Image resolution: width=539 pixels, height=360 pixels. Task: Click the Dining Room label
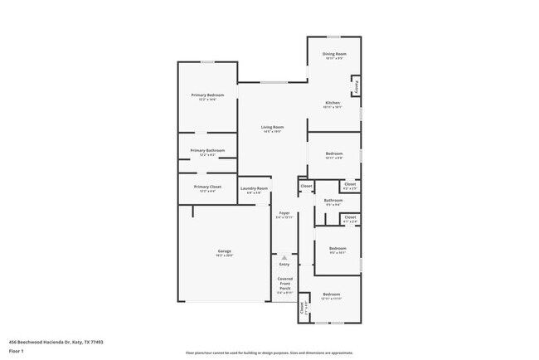pyautogui.click(x=334, y=54)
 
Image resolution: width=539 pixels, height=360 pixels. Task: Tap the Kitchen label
pyautogui.click(x=332, y=103)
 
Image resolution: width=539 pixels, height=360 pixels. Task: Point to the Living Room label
pyautogui.click(x=273, y=127)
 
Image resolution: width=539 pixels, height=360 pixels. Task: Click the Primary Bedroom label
pyautogui.click(x=207, y=95)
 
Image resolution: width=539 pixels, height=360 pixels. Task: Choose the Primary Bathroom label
pyautogui.click(x=207, y=150)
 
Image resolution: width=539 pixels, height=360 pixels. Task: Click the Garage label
pyautogui.click(x=224, y=251)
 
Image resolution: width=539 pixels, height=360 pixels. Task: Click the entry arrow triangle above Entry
pyautogui.click(x=284, y=257)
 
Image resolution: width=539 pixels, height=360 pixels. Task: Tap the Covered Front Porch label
pyautogui.click(x=284, y=285)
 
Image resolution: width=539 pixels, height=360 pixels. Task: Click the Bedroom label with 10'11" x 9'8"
pyautogui.click(x=334, y=154)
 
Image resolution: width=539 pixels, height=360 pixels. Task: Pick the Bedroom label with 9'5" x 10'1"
pyautogui.click(x=337, y=249)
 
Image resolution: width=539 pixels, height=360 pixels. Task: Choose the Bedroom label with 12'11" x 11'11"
pyautogui.click(x=332, y=294)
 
